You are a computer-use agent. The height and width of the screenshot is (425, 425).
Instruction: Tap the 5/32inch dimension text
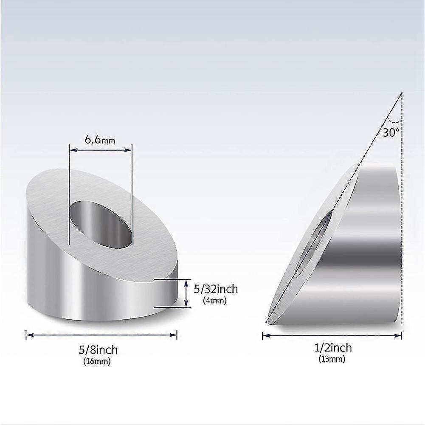(215, 289)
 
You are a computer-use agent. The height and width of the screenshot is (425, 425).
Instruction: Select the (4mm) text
(215, 300)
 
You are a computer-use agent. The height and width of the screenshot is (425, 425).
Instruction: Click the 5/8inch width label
(98, 350)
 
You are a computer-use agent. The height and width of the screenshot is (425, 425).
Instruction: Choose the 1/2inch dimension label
(332, 348)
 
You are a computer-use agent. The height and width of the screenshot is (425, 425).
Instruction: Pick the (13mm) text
(332, 359)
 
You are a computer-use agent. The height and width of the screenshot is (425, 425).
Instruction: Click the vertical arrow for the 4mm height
(186, 293)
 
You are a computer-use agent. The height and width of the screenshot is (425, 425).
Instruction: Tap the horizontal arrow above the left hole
(101, 149)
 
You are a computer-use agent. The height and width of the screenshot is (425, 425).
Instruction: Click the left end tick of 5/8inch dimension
(27, 335)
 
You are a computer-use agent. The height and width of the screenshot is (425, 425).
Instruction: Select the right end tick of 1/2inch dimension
(401, 335)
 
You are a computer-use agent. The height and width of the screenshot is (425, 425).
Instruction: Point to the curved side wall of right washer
(374, 238)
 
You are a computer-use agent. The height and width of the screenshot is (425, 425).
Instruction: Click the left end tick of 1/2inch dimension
(263, 335)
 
